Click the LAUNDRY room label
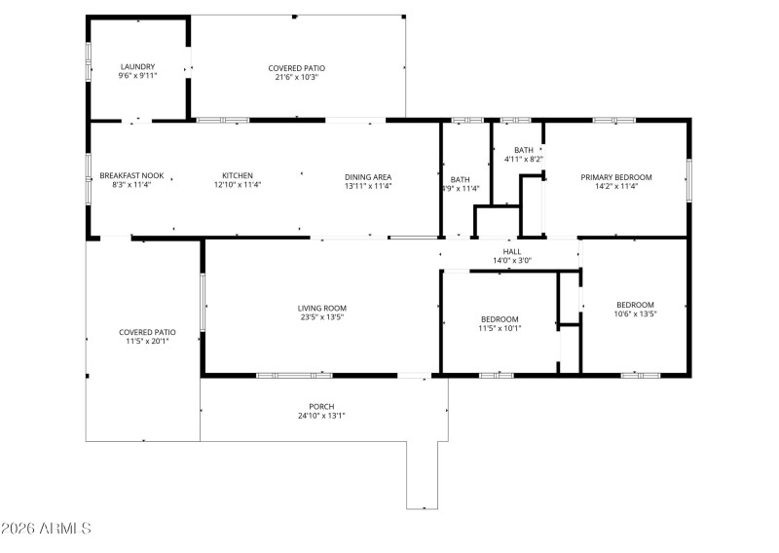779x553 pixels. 137,66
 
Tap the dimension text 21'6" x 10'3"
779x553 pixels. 293,77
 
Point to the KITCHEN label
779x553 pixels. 237,176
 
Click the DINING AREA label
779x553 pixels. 368,176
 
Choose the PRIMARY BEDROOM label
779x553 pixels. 616,177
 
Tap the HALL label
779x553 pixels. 512,250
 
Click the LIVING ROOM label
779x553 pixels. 322,308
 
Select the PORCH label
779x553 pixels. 321,406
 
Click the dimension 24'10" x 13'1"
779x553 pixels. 321,416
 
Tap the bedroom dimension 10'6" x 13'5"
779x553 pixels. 634,313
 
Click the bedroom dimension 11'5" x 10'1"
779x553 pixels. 500,328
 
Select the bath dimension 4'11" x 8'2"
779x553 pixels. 524,159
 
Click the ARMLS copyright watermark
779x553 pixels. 46,529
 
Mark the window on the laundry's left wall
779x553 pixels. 89,65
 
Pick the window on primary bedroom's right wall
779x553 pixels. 688,177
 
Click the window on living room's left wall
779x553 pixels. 203,303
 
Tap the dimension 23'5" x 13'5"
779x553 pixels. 322,317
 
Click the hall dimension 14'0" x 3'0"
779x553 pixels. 512,260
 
